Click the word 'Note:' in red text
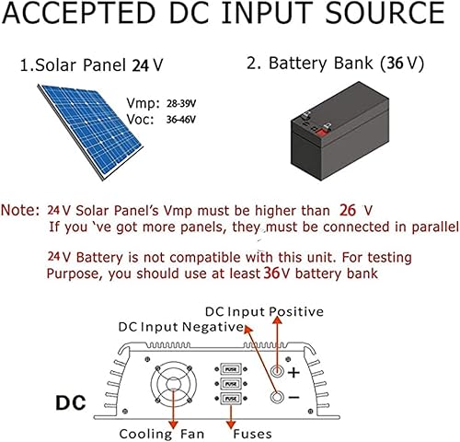click(21, 210)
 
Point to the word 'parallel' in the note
click(427, 227)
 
